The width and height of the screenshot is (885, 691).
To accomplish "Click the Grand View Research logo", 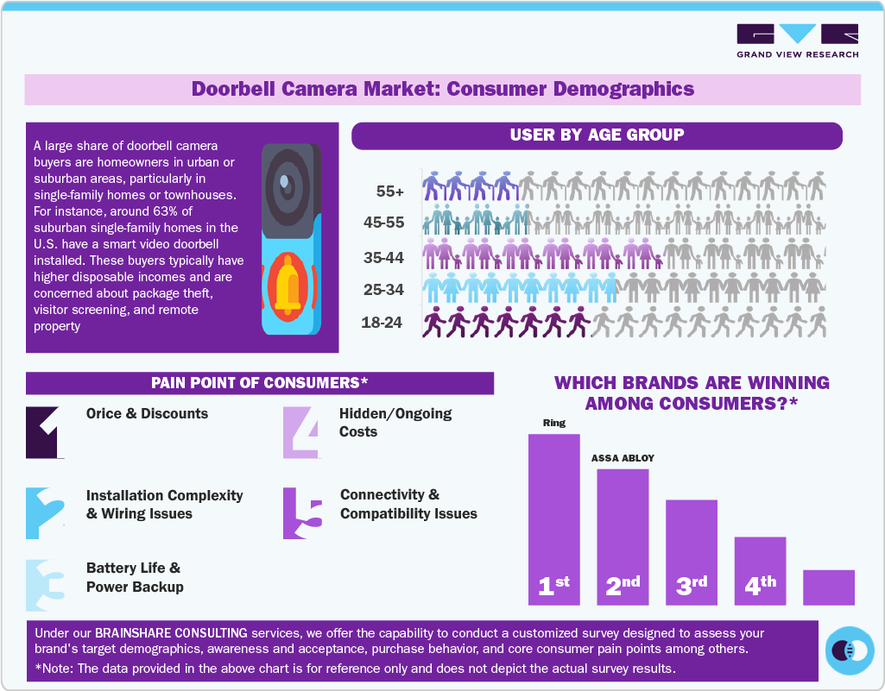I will pos(797,41).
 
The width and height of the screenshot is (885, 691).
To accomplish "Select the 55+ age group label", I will pos(390,192).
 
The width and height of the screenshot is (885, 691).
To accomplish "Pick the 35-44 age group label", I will pos(383,257).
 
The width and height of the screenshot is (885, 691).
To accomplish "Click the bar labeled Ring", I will pos(553,518).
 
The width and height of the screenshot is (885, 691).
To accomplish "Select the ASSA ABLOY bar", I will pos(623,535).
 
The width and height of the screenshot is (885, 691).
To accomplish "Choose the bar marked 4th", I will pos(760,569).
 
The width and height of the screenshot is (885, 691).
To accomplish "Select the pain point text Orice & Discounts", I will pos(147,413).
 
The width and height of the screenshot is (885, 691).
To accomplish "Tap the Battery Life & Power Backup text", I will pos(135,578).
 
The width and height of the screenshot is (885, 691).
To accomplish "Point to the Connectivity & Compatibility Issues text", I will pos(408,504).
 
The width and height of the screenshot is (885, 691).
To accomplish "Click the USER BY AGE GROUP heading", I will pos(597,135).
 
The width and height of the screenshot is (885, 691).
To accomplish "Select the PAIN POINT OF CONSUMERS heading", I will pos(259,382).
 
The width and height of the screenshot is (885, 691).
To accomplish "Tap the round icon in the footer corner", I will pos(850,650).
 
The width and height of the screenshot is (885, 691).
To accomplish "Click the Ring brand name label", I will pos(553,423).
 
